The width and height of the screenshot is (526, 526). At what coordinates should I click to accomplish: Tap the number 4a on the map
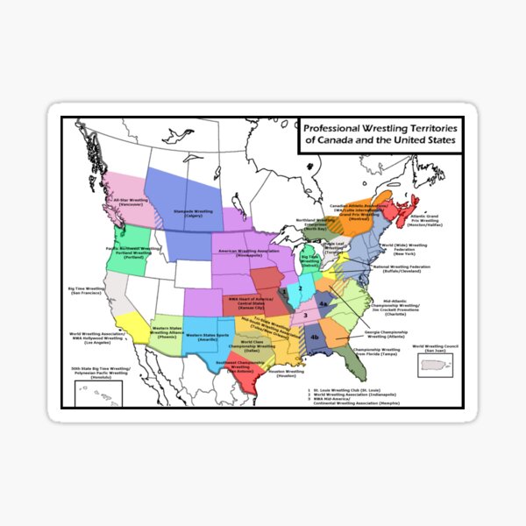[x=323, y=303]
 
